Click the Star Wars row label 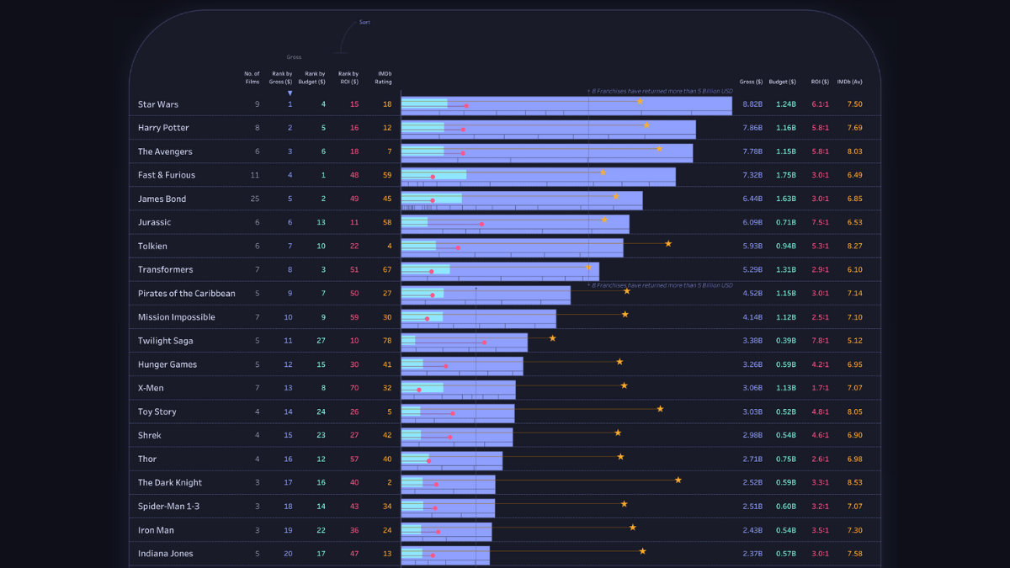(158, 104)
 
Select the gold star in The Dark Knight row (678, 480)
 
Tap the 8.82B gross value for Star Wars (752, 104)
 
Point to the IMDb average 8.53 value (854, 483)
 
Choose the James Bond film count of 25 (257, 199)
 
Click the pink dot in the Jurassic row (481, 225)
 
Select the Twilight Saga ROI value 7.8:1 (820, 341)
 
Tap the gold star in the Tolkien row (668, 243)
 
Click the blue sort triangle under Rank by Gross (290, 93)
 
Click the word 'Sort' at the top (364, 23)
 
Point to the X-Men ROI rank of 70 (354, 388)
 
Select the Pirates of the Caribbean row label (187, 294)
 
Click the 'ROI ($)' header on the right (820, 82)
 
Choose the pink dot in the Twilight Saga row (484, 342)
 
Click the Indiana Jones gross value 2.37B (752, 554)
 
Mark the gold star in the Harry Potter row (646, 125)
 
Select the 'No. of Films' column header (252, 77)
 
